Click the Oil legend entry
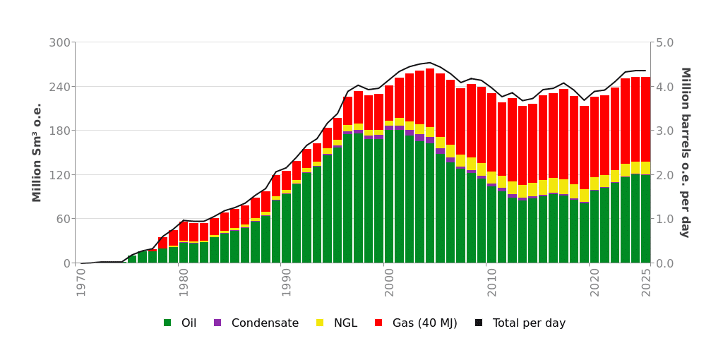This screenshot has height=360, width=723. [180, 323]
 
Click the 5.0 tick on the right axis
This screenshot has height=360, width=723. [664, 42]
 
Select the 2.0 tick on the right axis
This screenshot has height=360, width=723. [664, 175]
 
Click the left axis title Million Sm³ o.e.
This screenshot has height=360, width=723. [37, 152]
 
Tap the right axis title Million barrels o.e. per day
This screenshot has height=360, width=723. [685, 152]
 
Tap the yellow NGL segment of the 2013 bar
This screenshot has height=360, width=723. [522, 191]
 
